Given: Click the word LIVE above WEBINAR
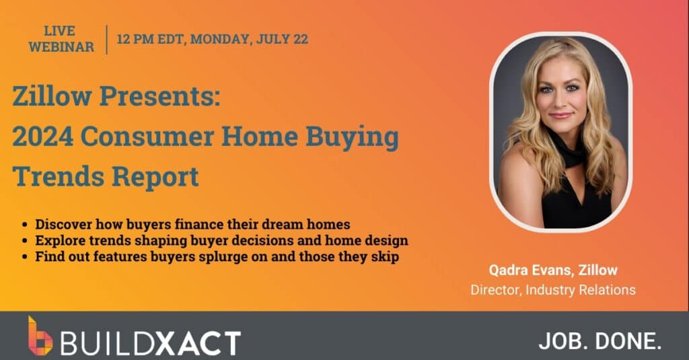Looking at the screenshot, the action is pos(59,31).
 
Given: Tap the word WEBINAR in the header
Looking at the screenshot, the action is pos(61,46).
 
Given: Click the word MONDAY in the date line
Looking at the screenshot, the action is pos(221,39).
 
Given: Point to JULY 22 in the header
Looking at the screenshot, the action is pos(282,39).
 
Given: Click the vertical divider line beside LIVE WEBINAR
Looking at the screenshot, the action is pos(107,40).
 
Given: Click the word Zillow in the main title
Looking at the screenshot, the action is pos(52,96).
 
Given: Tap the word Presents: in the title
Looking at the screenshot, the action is pos(159,96).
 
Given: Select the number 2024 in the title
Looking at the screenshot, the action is pos(42,137).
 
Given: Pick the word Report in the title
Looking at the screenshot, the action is pos(155,177).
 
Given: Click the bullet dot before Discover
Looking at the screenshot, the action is pos(25,225).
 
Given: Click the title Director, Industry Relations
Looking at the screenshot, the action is pos(553,290).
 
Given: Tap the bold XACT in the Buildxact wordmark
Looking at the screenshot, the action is pos(198,343).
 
